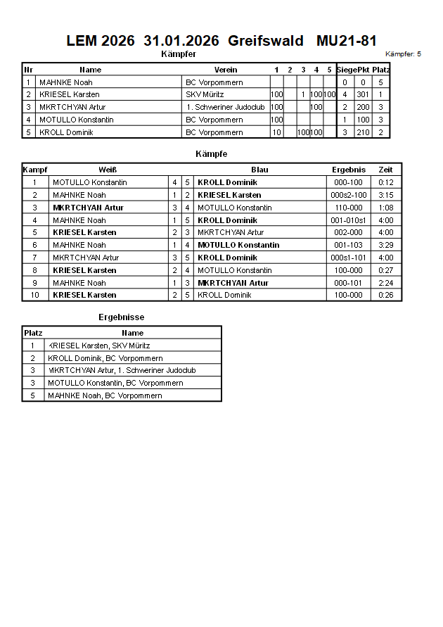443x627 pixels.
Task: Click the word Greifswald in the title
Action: pyautogui.click(x=266, y=41)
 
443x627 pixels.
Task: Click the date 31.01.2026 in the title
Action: pyautogui.click(x=181, y=41)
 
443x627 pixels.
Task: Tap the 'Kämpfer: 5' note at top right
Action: pyautogui.click(x=403, y=53)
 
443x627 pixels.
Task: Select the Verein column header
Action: pyautogui.click(x=226, y=70)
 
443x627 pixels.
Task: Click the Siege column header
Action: pyautogui.click(x=346, y=70)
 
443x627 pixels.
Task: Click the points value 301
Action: pyautogui.click(x=363, y=94)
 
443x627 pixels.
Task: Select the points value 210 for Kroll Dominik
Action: pyautogui.click(x=363, y=132)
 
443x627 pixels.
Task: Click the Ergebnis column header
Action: pyautogui.click(x=349, y=170)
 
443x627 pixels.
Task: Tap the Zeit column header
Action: pyautogui.click(x=386, y=170)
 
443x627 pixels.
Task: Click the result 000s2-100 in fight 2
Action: pyautogui.click(x=349, y=195)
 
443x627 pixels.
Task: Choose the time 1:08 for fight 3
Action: pyautogui.click(x=386, y=208)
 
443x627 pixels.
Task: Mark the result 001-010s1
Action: pyautogui.click(x=349, y=220)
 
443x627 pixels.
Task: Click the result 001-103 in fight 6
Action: pyautogui.click(x=349, y=245)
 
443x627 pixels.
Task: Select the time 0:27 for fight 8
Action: pyautogui.click(x=386, y=270)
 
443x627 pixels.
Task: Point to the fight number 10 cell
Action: pyautogui.click(x=34, y=295)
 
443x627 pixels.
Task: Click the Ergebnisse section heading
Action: pyautogui.click(x=121, y=317)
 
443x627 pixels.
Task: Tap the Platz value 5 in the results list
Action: pyautogui.click(x=32, y=395)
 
